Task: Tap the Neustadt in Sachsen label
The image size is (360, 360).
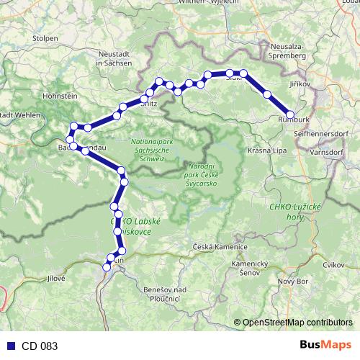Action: pos(114,58)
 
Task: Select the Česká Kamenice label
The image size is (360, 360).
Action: pos(221,247)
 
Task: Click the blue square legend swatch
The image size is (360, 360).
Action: pos(8,346)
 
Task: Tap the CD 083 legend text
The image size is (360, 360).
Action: pos(39,346)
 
